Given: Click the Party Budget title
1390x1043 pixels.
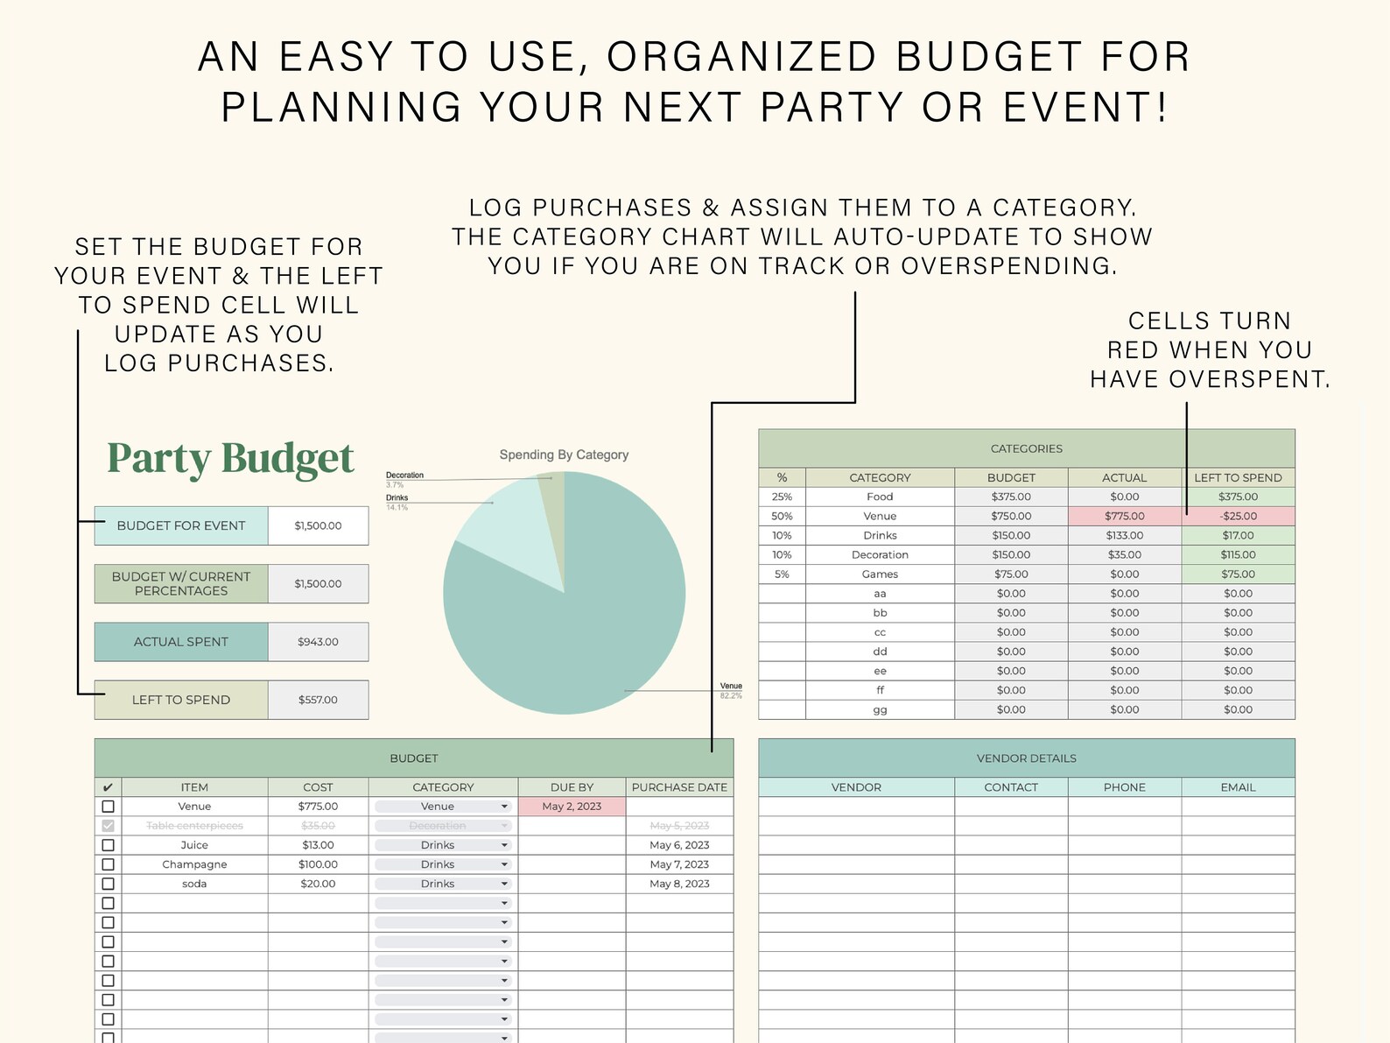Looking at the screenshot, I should pos(230,458).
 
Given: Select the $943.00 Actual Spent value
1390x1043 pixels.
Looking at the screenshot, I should pos(318,642).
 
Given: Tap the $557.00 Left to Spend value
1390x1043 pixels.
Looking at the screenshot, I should pos(318,700).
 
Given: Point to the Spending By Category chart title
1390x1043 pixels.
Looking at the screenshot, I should pos(564,455).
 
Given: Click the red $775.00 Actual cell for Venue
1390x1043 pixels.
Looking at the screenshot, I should pos(1124,516).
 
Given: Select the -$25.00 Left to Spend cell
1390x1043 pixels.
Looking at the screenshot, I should pos(1238,516).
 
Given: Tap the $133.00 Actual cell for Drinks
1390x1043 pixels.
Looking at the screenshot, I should pos(1124,535).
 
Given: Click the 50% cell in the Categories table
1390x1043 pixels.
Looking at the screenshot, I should pos(782,516).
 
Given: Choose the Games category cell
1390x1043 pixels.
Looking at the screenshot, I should pos(880,574).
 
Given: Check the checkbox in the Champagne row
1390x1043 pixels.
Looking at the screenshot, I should pos(108,864).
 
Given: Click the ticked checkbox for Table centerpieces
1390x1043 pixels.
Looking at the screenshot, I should pos(108,826).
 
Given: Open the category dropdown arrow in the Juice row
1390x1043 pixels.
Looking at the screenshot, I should pos(504,845).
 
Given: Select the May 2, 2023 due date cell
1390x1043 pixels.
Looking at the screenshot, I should pos(572,807).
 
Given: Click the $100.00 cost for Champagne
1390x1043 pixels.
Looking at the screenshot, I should pos(318,864).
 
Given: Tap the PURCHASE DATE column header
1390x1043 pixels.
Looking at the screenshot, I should pos(679,787).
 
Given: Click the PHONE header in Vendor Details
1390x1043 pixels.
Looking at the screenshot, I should pos(1124,787).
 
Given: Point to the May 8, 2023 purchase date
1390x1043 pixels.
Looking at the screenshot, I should pos(679,884).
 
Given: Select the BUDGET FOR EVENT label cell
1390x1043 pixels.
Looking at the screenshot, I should pos(181,525).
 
